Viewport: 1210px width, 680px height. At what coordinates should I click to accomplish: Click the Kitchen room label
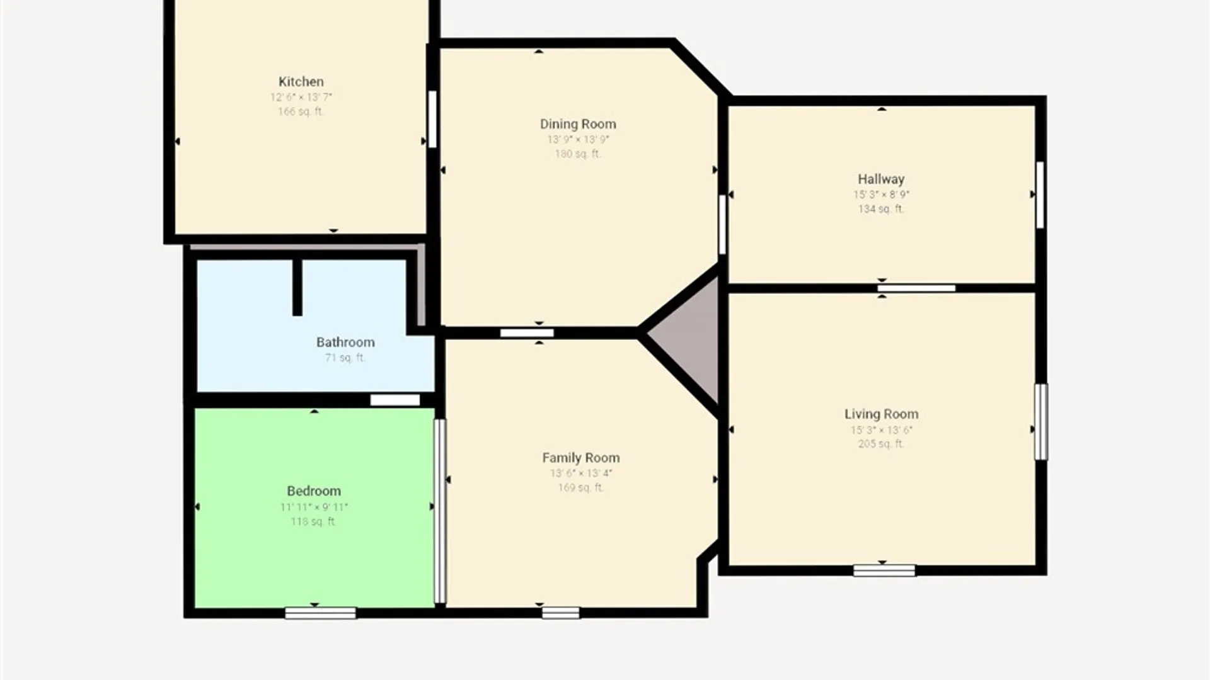point(301,82)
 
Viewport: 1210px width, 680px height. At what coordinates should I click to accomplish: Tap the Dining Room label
point(578,124)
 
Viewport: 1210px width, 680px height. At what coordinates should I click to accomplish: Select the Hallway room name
point(880,179)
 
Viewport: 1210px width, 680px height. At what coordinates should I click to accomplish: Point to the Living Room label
point(881,414)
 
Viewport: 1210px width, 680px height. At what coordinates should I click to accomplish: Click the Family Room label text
point(580,458)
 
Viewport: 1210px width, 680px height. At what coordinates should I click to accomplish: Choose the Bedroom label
point(314,491)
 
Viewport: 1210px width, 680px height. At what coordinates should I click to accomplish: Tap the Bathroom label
point(345,343)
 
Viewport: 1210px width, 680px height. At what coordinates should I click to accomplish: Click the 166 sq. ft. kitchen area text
point(301,111)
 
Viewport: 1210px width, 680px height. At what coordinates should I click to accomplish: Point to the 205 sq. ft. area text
point(881,444)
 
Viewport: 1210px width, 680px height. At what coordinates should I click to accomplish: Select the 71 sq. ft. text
point(345,358)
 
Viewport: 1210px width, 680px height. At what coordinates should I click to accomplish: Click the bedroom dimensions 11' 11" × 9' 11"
point(314,507)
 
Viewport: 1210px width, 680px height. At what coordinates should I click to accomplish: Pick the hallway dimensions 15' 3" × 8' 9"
point(881,195)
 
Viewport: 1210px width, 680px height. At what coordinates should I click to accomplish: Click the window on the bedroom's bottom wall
point(320,613)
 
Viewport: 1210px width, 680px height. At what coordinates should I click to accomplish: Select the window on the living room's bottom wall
point(884,570)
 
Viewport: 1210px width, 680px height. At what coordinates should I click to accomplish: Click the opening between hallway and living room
point(916,288)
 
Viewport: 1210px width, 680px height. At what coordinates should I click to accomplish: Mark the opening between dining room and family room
point(527,333)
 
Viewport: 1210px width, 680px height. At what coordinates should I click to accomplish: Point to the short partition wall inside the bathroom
point(297,286)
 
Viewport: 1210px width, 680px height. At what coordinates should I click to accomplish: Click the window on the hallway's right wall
point(1040,195)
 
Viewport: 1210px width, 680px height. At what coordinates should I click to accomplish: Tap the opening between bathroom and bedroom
point(395,400)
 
